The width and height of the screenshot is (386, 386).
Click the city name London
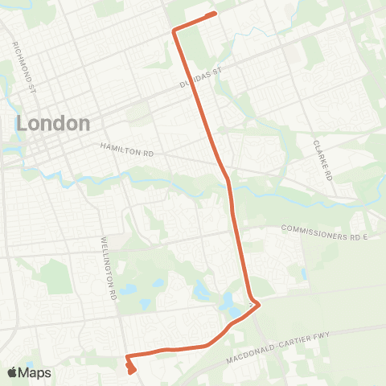53,123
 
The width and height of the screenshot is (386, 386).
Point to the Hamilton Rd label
126,149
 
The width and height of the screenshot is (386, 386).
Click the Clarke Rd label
322,160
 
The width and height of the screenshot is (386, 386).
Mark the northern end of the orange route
215,14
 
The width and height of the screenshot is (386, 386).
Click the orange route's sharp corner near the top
174,31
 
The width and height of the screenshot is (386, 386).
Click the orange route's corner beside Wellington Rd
127,355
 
